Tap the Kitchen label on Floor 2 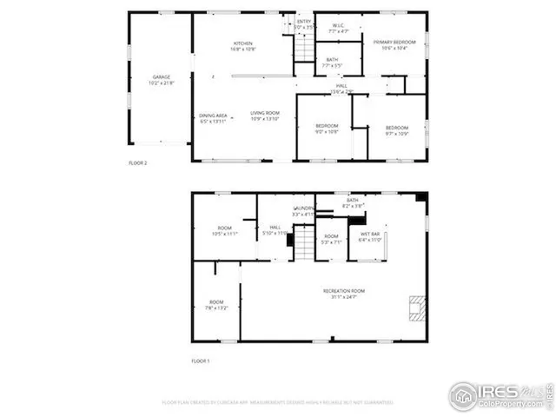[x=242, y=47]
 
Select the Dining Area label [x=213, y=118]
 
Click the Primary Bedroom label [x=394, y=45]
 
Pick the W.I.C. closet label [x=339, y=29]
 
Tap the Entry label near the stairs [x=304, y=24]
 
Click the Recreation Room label [x=343, y=294]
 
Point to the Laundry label [x=304, y=211]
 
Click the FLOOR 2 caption [x=137, y=162]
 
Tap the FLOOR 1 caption [x=200, y=361]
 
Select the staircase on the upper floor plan [x=303, y=48]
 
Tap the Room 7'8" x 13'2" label [x=216, y=305]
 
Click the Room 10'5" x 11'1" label [x=224, y=231]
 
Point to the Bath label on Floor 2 [x=333, y=63]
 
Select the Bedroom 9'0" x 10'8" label [x=326, y=129]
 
